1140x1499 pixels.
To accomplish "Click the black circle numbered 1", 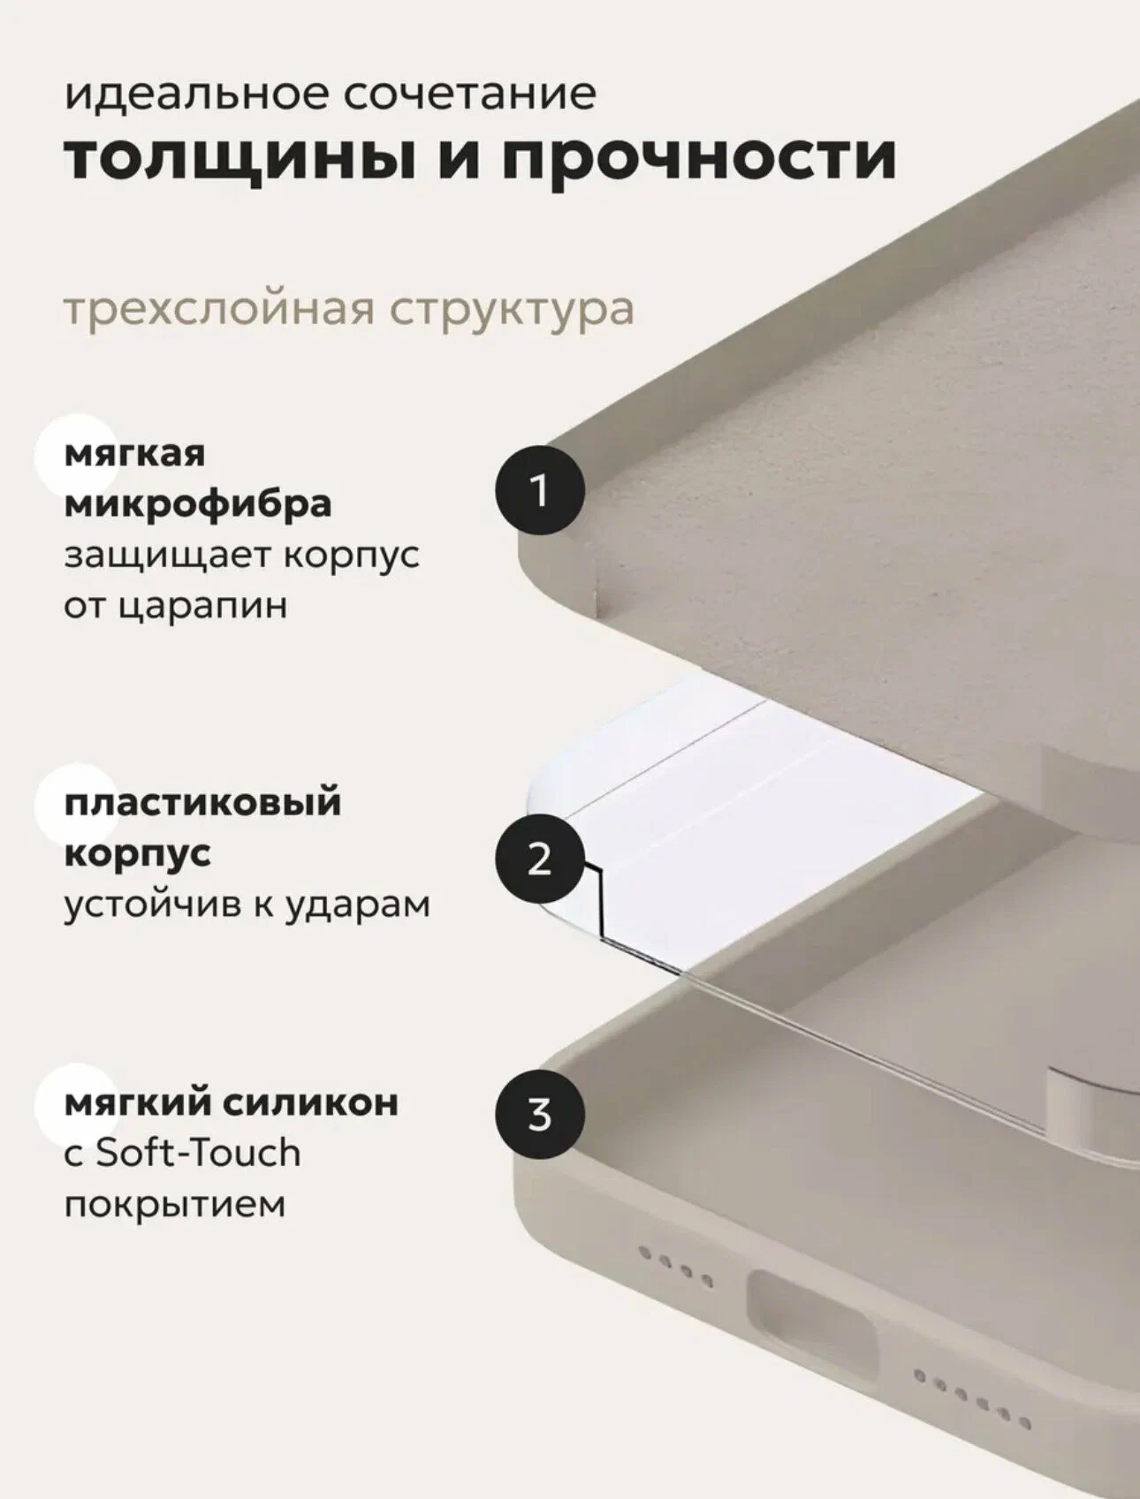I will pos(539,491).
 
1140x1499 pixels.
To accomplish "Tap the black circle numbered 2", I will pos(539,858).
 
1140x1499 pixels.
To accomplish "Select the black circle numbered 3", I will pos(539,1114).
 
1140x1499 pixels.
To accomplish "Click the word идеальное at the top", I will pos(196,93).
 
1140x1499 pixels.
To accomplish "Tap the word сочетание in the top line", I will pos(469,93).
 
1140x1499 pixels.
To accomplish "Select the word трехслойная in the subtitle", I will pos(219,309).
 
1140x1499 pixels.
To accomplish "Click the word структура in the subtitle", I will pos(513,309).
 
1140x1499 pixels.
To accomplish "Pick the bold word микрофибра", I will pos(198,503).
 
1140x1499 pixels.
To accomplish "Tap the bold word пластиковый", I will pos(202,803).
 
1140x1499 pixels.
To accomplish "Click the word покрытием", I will pos(175,1204).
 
